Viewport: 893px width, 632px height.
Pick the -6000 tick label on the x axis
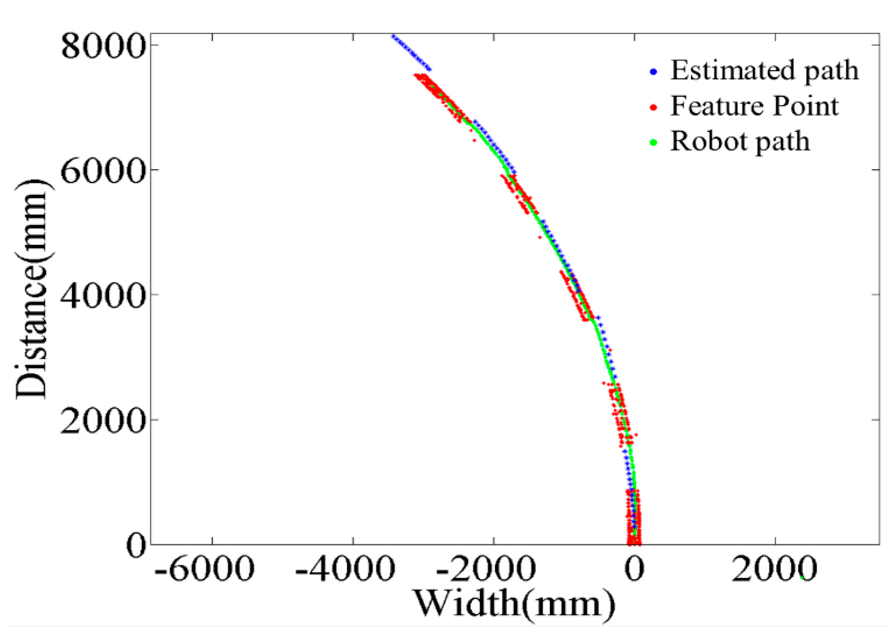pos(204,570)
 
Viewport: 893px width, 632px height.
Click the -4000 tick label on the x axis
pos(345,570)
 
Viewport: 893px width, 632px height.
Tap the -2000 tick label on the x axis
pos(486,570)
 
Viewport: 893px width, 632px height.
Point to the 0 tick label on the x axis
pos(634,570)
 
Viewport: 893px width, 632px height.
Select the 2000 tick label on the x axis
pos(774,570)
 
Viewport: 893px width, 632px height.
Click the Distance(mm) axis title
pos(32,290)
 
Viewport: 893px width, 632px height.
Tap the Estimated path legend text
pos(764,70)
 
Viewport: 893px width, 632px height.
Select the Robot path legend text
pos(740,141)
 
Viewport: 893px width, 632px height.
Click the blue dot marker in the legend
pos(653,72)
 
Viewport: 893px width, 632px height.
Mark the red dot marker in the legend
pos(653,107)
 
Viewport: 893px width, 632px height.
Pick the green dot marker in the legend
pos(653,143)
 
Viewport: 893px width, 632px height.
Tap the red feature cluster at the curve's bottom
pos(634,519)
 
